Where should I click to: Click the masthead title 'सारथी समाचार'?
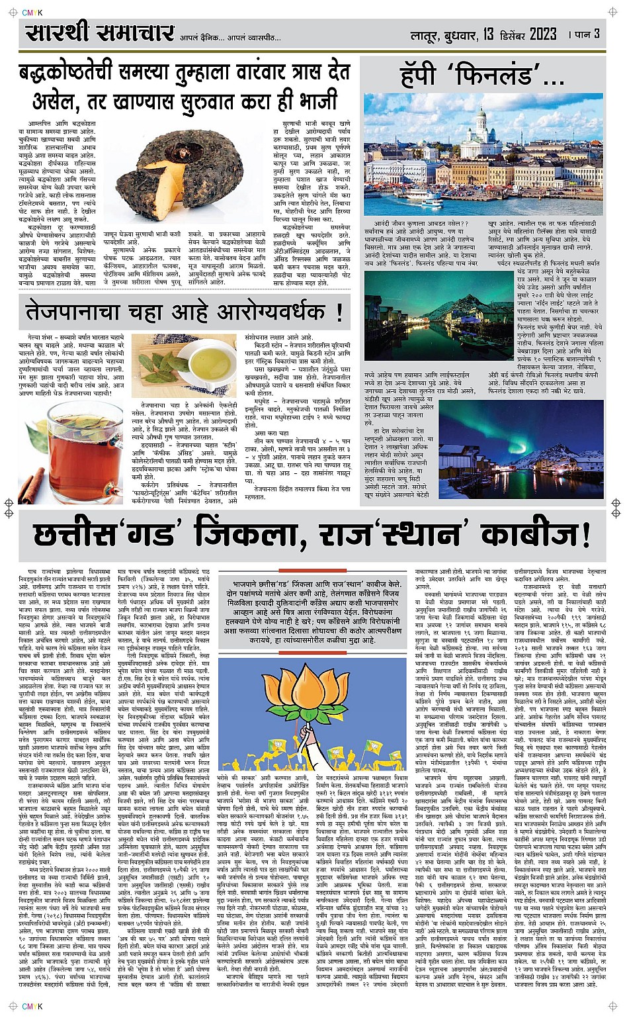tap(100, 33)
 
